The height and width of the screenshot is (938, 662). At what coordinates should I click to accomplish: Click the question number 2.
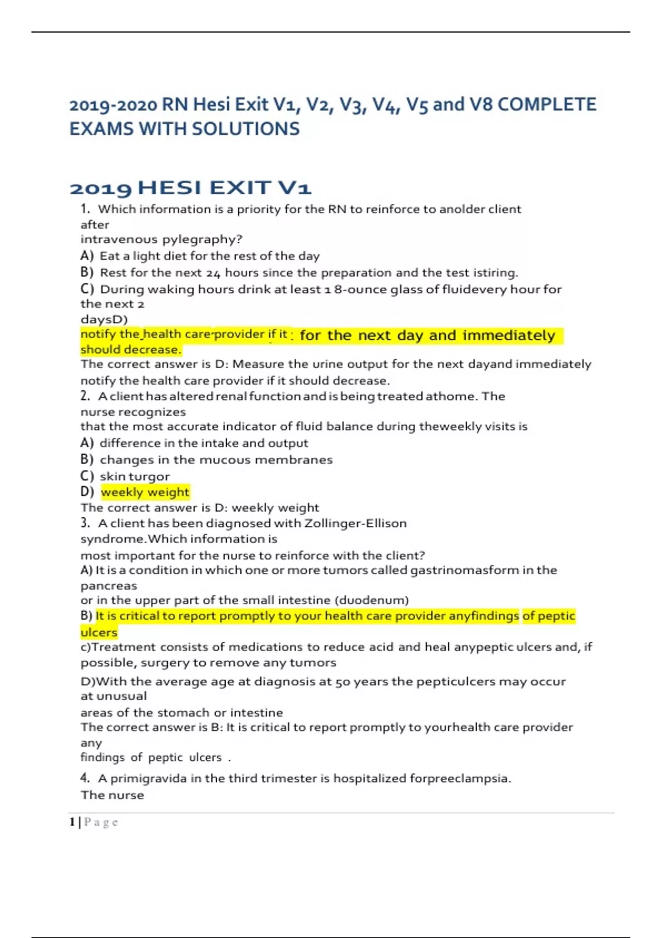(84, 396)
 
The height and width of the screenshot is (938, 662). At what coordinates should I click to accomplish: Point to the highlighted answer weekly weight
(145, 492)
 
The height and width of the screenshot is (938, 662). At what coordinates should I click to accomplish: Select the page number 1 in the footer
(72, 822)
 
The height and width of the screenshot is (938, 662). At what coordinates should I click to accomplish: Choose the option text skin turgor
(135, 476)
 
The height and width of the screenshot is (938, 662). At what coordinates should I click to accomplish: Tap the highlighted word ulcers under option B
(99, 632)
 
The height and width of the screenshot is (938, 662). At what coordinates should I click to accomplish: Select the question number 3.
(84, 523)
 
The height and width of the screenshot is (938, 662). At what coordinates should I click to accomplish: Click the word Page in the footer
(101, 822)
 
